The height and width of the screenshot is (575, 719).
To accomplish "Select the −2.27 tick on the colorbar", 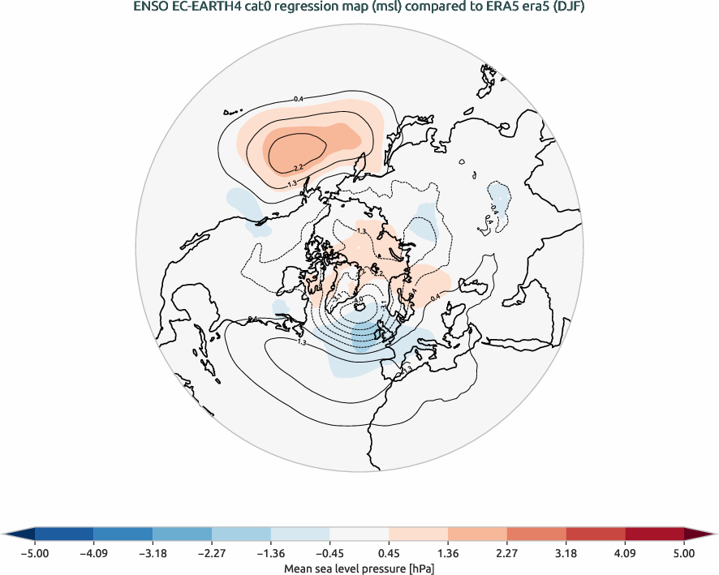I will pyautogui.click(x=212, y=553).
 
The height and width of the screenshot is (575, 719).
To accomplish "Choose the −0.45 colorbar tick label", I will pyautogui.click(x=329, y=553).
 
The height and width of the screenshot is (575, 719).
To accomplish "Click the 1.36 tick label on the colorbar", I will pyautogui.click(x=448, y=553).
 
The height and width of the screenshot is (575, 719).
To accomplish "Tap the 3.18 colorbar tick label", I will pyautogui.click(x=566, y=553).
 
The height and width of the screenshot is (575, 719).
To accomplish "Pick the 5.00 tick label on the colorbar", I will pyautogui.click(x=684, y=553).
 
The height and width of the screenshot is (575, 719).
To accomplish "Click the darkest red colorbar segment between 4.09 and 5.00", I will pyautogui.click(x=654, y=534).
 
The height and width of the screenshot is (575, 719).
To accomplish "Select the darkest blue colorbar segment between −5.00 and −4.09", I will pyautogui.click(x=64, y=534).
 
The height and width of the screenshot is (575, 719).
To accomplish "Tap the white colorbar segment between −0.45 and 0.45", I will pyautogui.click(x=359, y=534).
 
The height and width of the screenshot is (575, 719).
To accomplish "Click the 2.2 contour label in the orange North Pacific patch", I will pyautogui.click(x=298, y=167).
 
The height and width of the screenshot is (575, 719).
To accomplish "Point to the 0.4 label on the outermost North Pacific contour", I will pyautogui.click(x=298, y=99).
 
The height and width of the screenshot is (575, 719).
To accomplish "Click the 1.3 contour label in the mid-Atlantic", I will pyautogui.click(x=302, y=343).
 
